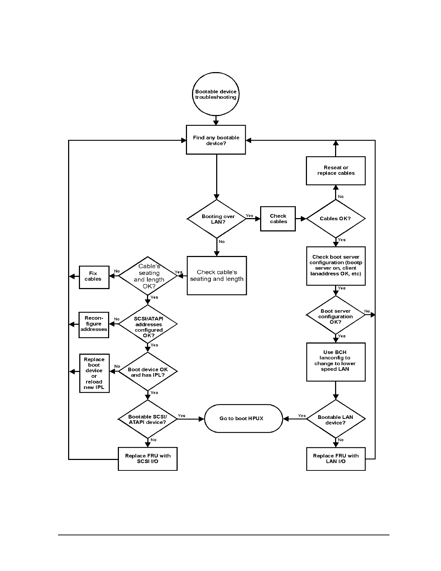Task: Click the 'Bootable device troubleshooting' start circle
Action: click(216, 94)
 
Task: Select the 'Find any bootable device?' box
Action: click(216, 140)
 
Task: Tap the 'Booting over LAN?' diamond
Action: click(217, 219)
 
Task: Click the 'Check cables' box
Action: click(278, 218)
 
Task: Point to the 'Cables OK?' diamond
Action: click(336, 218)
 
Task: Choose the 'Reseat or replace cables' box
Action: click(336, 171)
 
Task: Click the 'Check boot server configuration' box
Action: click(336, 266)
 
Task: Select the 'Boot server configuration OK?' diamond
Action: click(335, 315)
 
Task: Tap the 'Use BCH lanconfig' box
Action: click(336, 362)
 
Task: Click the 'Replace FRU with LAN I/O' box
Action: click(336, 459)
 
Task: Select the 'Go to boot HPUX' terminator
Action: click(244, 419)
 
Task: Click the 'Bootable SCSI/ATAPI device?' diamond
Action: click(148, 419)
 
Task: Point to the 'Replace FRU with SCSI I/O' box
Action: click(148, 459)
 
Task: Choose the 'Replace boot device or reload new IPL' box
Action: click(94, 373)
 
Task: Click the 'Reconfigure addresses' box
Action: click(94, 324)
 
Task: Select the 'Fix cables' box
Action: click(94, 276)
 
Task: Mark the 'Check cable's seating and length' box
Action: click(217, 275)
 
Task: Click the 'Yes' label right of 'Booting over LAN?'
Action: click(249, 216)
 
